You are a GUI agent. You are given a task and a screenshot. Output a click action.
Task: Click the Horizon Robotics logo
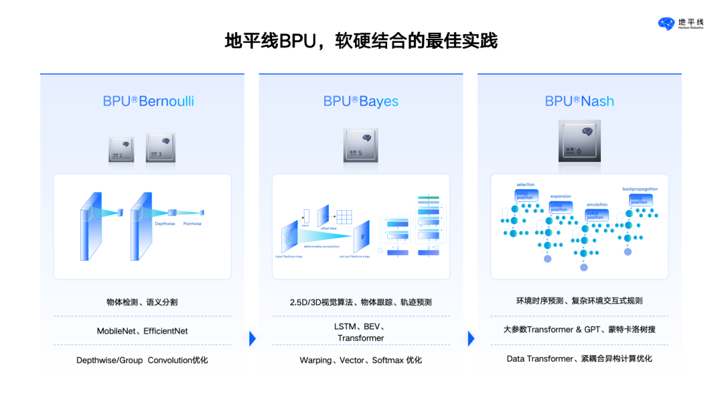681,24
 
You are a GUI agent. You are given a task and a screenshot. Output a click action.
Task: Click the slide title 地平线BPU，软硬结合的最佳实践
361,41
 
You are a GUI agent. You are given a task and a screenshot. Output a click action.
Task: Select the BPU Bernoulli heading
148,101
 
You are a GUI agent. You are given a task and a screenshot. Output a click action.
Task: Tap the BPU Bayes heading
361,101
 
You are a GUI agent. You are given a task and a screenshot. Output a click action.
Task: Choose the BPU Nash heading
579,101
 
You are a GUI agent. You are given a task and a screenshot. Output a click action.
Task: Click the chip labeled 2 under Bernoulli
121,149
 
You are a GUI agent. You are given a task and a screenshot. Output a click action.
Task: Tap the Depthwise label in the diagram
164,223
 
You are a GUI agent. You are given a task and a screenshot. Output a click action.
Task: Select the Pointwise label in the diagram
193,223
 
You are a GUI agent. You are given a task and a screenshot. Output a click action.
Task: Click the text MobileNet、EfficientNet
142,330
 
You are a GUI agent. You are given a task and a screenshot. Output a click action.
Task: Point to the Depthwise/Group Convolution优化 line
142,360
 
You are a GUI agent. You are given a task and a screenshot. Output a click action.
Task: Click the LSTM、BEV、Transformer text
361,332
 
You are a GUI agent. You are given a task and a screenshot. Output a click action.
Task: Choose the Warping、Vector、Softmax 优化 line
361,360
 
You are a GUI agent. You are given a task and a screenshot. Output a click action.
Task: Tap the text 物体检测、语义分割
142,302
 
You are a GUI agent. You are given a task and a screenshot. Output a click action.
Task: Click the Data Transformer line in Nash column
579,359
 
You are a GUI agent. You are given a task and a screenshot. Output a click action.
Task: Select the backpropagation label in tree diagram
640,189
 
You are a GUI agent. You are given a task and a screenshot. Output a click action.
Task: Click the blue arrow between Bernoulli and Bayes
252,338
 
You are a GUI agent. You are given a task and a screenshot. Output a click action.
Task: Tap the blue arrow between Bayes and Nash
471,338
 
